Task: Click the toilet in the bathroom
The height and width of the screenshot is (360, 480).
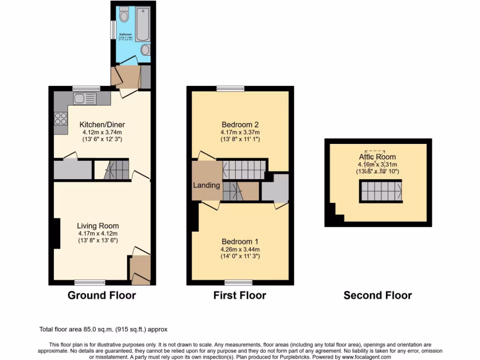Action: coord(124,15)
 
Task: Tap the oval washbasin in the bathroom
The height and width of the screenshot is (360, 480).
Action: coord(145,50)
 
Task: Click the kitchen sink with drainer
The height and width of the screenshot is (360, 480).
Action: coord(84,98)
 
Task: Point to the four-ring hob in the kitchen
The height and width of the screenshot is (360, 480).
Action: coord(60,119)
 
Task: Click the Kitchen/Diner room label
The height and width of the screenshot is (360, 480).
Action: coord(102,125)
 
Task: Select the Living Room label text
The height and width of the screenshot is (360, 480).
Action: coord(98,226)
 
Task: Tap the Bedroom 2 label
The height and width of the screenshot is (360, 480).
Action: coord(240,125)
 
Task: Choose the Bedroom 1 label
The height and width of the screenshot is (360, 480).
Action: coord(240,241)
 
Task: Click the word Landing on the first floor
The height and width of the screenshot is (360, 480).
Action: coord(207,185)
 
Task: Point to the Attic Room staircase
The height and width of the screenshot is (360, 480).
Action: coord(380,191)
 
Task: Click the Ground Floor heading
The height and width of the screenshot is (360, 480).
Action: coord(102,295)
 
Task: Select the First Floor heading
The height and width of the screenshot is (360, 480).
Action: coord(240,295)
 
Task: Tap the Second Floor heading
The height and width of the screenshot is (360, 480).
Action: coord(377,295)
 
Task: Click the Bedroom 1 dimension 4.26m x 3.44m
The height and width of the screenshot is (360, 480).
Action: coord(240,249)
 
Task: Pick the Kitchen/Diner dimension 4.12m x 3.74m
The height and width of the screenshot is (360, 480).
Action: coord(102,132)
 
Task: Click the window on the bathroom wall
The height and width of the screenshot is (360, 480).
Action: coord(112,30)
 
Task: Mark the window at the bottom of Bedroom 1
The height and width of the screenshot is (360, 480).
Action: coord(239,282)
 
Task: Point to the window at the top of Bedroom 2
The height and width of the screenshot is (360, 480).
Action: coord(230,88)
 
